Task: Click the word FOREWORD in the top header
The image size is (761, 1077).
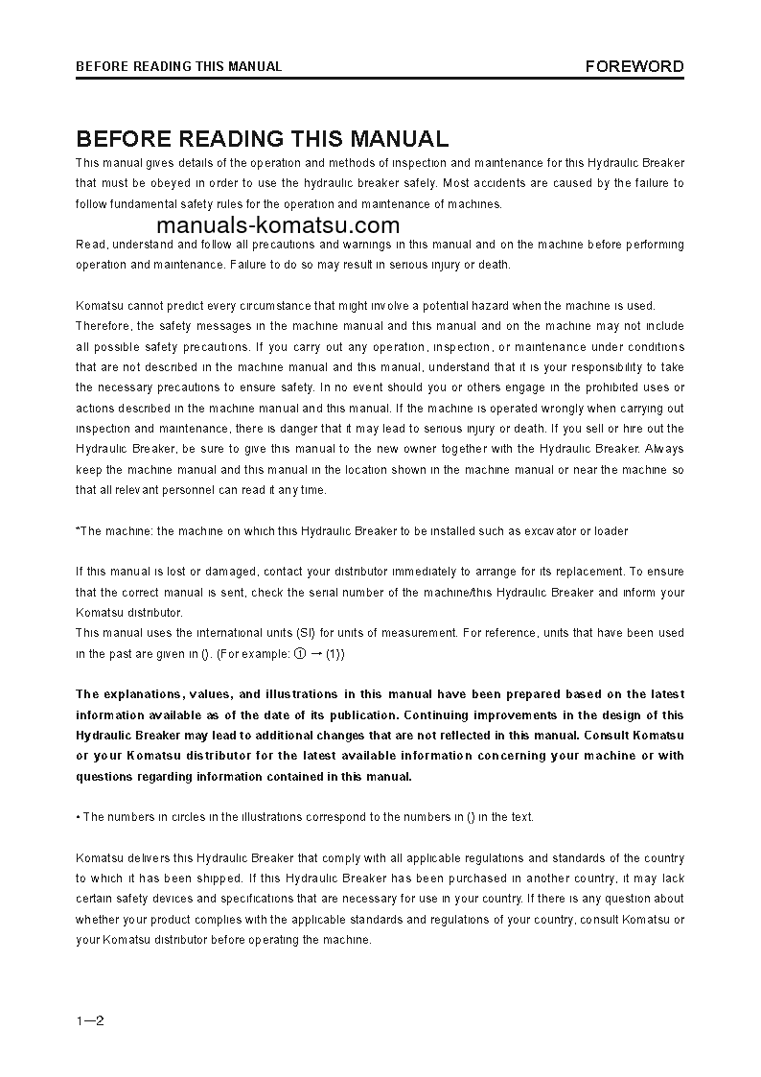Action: (x=634, y=66)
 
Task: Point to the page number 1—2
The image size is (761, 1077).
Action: (x=90, y=1019)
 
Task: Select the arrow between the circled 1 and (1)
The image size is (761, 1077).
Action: (x=315, y=653)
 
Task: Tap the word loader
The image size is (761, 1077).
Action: (x=611, y=530)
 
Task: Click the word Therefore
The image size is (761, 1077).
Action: (x=104, y=326)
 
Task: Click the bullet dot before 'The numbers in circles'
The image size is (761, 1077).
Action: (x=78, y=817)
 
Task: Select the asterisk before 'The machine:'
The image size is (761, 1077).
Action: (x=78, y=530)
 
